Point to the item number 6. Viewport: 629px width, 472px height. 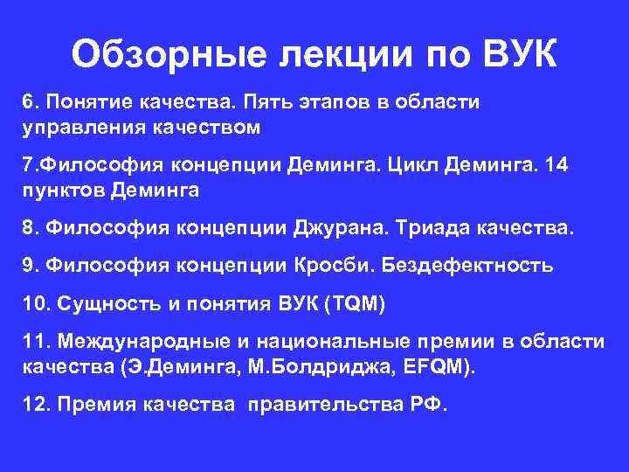point(28,103)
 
